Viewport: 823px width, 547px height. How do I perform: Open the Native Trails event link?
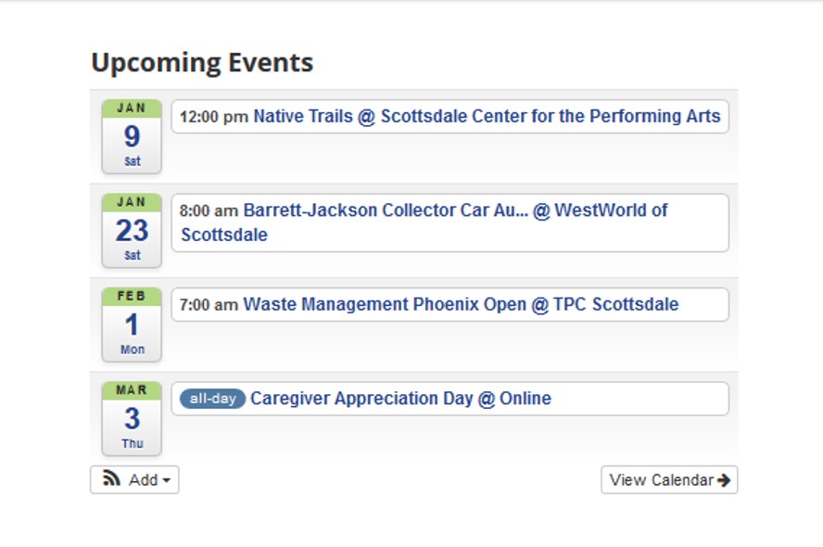pos(487,116)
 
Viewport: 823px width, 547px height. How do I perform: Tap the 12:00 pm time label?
pos(213,117)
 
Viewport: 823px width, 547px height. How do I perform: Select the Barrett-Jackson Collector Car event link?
pos(424,223)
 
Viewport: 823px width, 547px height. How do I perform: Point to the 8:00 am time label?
pos(209,210)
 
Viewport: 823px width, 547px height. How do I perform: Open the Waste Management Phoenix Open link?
pos(461,304)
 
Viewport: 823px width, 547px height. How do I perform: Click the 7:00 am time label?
pos(209,304)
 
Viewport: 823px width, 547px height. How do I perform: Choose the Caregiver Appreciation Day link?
pos(400,399)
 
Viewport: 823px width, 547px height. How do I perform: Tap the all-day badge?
pos(212,399)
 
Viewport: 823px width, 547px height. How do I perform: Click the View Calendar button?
pos(669,480)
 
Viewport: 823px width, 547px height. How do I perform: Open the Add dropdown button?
pos(134,480)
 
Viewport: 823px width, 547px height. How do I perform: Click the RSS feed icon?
pos(111,478)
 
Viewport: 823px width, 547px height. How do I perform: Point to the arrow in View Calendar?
pos(724,480)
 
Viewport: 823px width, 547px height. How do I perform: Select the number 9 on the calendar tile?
pos(132,136)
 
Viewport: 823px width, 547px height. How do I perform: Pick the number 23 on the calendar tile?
pos(132,231)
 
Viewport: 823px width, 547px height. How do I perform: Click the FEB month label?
pos(132,296)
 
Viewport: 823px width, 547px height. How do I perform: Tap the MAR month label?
pos(132,390)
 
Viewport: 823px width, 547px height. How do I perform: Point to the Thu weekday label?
pos(133,443)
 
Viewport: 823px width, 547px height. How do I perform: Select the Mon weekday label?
pos(133,350)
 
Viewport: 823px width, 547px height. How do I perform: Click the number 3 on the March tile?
pos(133,418)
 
